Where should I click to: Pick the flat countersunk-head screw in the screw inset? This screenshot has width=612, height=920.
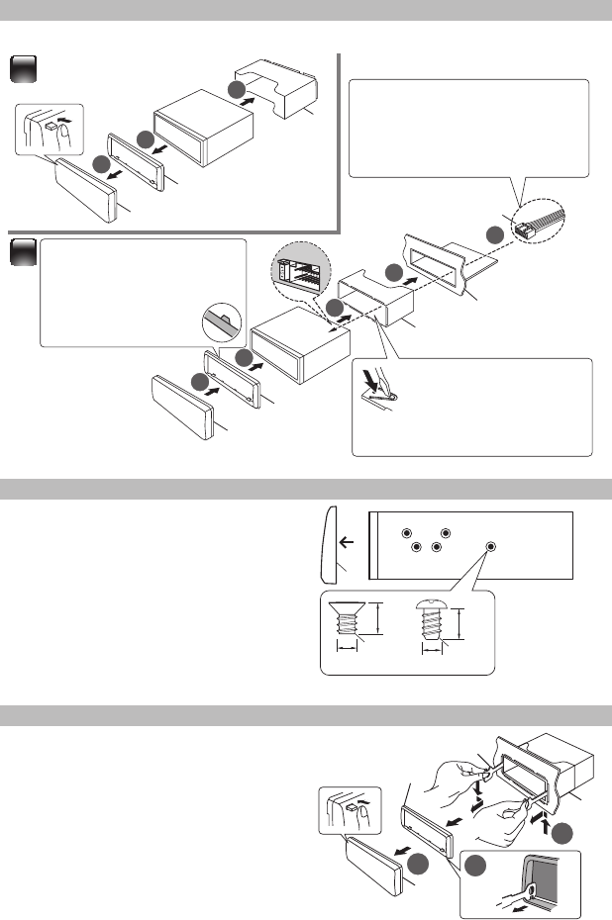346,622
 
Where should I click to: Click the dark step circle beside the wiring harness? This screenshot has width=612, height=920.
495,234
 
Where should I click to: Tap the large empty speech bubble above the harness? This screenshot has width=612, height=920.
470,127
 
